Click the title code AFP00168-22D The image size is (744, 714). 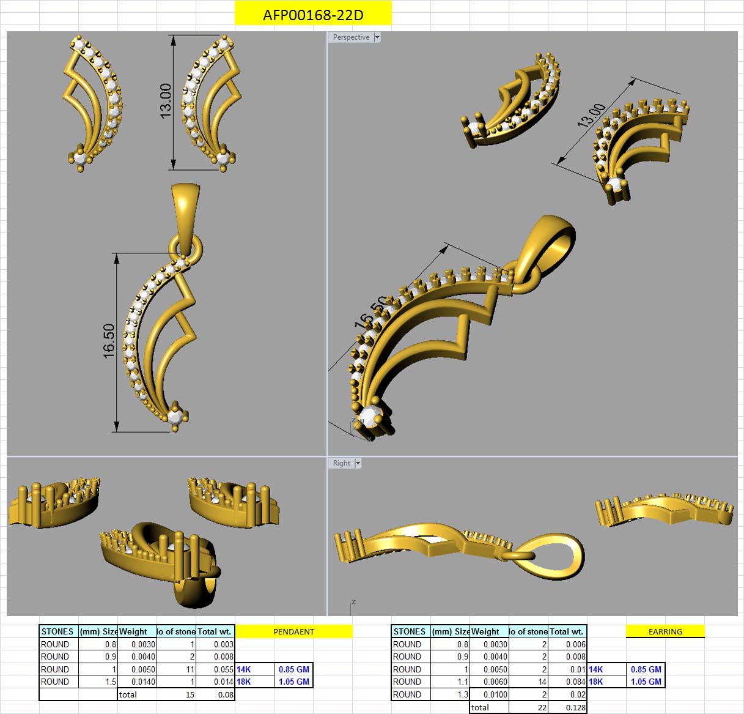tap(313, 15)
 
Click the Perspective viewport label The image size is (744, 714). tap(351, 37)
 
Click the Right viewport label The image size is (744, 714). tap(342, 463)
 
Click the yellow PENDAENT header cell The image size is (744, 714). tap(293, 631)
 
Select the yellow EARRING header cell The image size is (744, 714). tap(665, 631)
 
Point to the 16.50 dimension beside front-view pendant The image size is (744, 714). tap(109, 341)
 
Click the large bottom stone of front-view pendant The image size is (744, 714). tap(176, 417)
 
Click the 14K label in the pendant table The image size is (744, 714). tap(244, 669)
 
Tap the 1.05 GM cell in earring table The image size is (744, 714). tap(646, 682)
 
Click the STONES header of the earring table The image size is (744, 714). tap(410, 631)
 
